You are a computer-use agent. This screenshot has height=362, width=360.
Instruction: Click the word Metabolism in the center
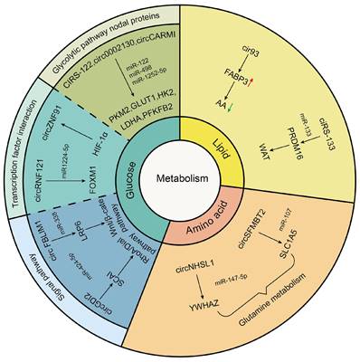pyautogui.click(x=180, y=180)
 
